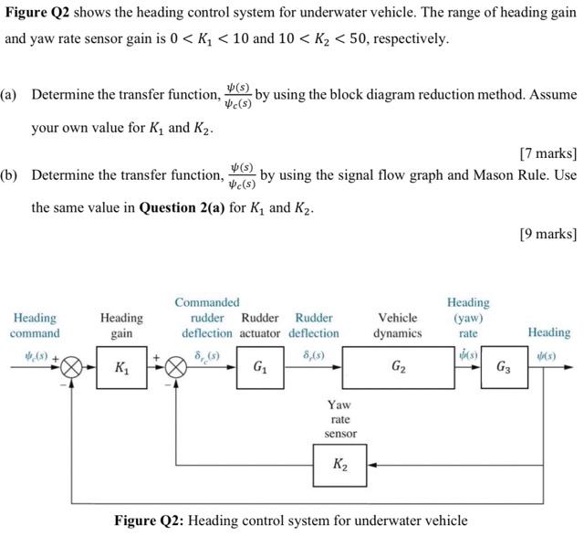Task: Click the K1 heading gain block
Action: point(121,369)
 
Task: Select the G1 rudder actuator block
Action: point(262,369)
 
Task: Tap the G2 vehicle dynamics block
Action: point(398,369)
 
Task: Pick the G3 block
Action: point(504,369)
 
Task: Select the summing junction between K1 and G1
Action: point(177,369)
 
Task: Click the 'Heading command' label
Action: point(35,325)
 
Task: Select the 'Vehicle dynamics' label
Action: point(398,325)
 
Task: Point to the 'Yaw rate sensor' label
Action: point(339,418)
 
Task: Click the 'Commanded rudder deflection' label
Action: point(207,318)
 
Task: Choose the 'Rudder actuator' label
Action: point(260,325)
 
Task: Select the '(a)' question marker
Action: point(10,95)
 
